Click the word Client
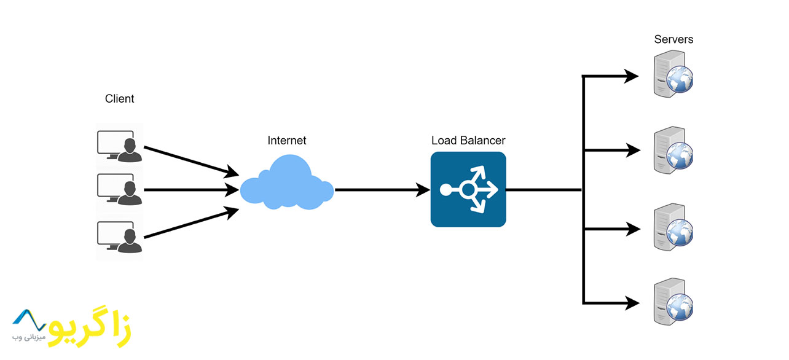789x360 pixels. pyautogui.click(x=119, y=98)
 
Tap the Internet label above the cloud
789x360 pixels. pyautogui.click(x=286, y=141)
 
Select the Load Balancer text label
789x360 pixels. pyautogui.click(x=468, y=141)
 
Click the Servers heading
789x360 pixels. pyautogui.click(x=673, y=39)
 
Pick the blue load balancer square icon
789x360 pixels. pyautogui.click(x=468, y=189)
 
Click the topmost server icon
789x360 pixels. pyautogui.click(x=672, y=74)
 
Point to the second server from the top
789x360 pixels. pyautogui.click(x=672, y=149)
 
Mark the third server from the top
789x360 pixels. pyautogui.click(x=672, y=228)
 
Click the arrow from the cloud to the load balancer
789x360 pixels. pyautogui.click(x=381, y=190)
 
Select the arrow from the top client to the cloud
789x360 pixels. pyautogui.click(x=190, y=159)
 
